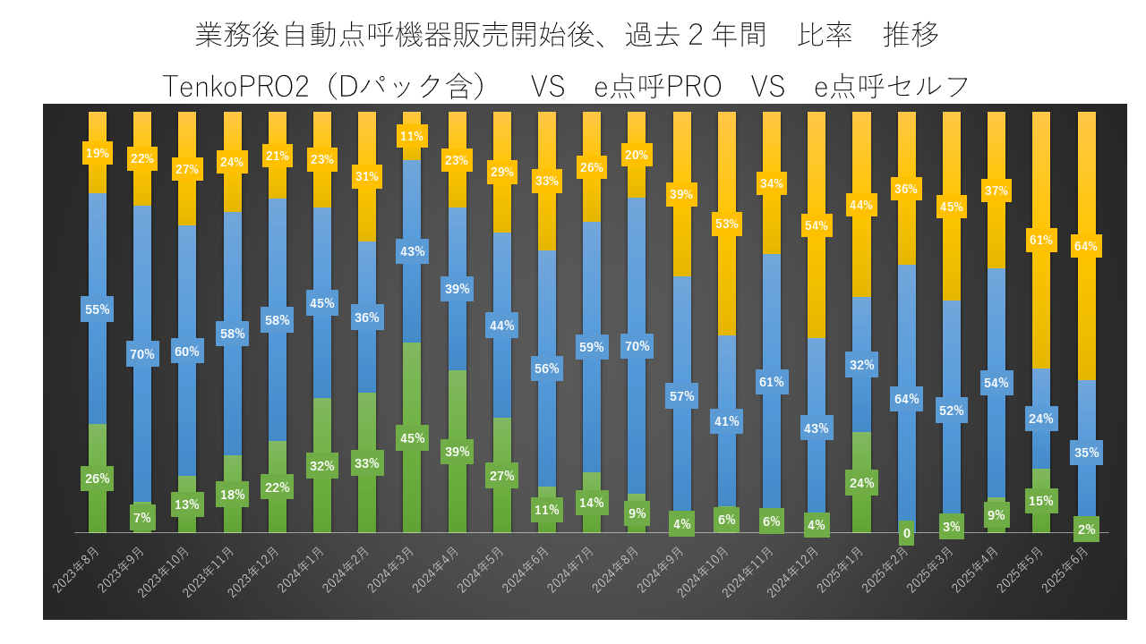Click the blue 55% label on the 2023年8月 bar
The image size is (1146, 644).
pos(98,309)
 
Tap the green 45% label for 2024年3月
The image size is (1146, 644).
pos(412,438)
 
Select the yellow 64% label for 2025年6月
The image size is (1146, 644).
pos(1086,246)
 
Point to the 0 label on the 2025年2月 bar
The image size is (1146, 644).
pos(906,534)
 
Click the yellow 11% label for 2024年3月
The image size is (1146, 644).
pos(412,137)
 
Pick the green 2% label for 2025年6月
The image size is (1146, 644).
pos(1086,529)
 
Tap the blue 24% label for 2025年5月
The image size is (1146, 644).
pos(1041,419)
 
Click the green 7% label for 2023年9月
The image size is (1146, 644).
pos(142,517)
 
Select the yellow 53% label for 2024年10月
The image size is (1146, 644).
pos(727,224)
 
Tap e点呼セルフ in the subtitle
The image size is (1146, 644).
pos(892,87)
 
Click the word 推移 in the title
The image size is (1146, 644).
pos(911,36)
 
